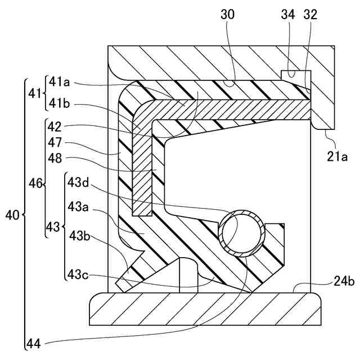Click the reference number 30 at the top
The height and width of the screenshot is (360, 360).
(227, 15)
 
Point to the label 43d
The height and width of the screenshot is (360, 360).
(79, 182)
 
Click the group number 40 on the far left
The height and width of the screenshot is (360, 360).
(13, 215)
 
